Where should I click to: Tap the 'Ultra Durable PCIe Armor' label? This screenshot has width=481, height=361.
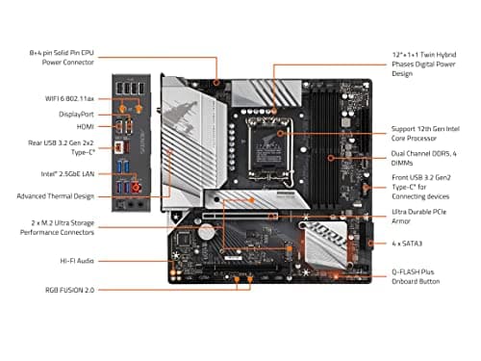pyautogui.click(x=424, y=217)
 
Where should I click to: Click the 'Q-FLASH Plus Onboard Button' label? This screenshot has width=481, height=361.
pyautogui.click(x=423, y=277)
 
